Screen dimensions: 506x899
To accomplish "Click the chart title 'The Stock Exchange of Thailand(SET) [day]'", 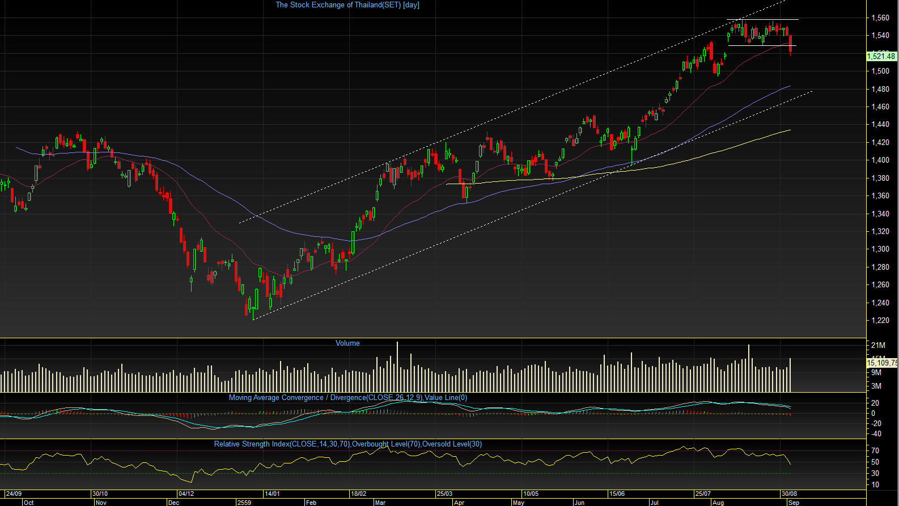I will click(x=347, y=5).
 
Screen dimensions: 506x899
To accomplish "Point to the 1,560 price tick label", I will click(x=880, y=18).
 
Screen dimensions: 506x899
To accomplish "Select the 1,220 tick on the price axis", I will click(x=880, y=321).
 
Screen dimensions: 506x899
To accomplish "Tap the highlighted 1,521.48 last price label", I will click(x=881, y=56).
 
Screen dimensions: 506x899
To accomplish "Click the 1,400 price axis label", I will click(x=880, y=160).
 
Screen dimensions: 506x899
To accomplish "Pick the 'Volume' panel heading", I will click(x=347, y=343).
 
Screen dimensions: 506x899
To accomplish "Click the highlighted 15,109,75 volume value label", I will click(x=882, y=363).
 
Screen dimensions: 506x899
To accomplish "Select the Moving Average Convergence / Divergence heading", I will click(x=347, y=398).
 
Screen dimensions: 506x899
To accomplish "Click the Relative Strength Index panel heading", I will click(x=347, y=444).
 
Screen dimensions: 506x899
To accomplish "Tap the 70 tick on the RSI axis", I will click(x=875, y=451).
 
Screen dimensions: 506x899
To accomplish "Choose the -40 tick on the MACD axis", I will click(x=876, y=434).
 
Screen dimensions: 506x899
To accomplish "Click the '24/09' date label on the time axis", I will click(x=14, y=494).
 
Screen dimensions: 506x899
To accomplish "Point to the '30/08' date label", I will click(x=789, y=494).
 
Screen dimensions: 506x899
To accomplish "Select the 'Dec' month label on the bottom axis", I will click(x=174, y=503).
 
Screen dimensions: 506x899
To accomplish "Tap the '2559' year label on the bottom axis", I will click(x=244, y=503).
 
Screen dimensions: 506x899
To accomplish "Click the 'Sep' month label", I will click(x=794, y=503).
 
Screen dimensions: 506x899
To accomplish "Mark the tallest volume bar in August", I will click(x=749, y=368).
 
